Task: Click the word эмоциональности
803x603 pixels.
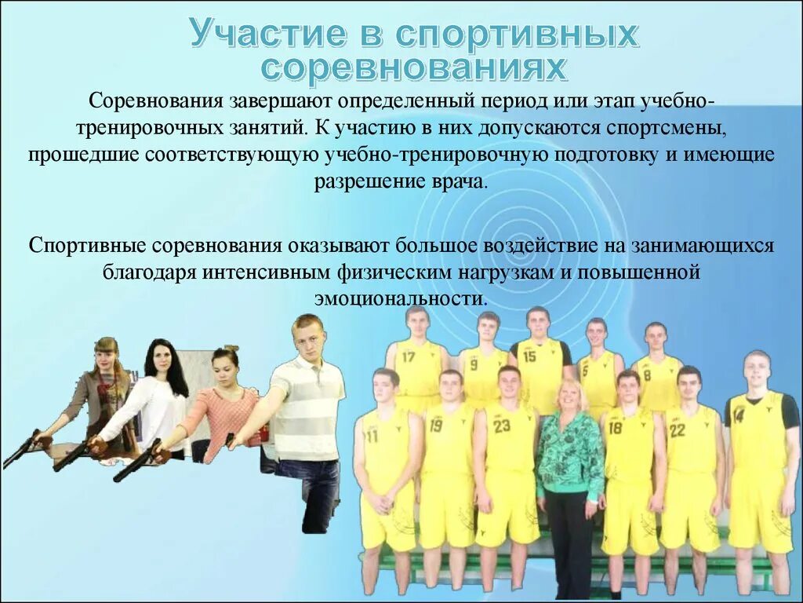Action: (401, 299)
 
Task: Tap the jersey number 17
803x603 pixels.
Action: (408, 356)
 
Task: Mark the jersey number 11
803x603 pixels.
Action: (371, 436)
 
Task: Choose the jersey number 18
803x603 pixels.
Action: (616, 428)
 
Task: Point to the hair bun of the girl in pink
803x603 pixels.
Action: (231, 348)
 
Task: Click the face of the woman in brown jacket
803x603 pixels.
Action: (104, 359)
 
